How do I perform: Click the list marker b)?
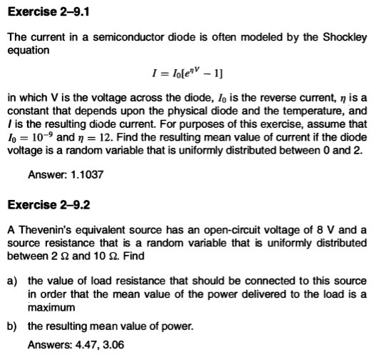[x=13, y=326]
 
